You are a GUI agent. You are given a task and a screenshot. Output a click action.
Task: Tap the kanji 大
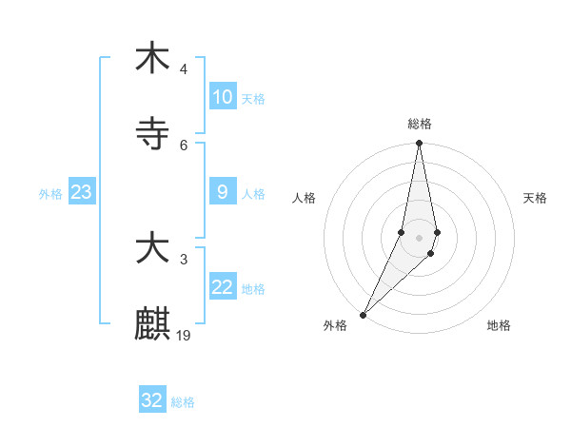(152, 249)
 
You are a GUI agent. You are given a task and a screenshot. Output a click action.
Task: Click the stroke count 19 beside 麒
(185, 336)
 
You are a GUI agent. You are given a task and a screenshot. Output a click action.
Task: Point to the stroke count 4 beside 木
(184, 69)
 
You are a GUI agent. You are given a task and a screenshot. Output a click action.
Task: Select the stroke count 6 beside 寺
(184, 146)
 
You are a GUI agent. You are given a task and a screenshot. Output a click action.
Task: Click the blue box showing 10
(223, 97)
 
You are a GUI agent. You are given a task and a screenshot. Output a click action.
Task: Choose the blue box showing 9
(223, 192)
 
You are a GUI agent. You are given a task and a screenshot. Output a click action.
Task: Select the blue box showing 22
(223, 287)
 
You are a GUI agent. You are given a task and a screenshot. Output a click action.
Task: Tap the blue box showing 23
(82, 192)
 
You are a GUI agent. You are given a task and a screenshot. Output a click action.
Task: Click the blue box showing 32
(152, 400)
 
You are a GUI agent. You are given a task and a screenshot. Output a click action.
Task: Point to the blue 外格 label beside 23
(50, 194)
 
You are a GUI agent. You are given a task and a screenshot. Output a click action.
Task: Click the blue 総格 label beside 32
(184, 402)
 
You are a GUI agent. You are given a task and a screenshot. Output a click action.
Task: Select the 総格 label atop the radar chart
(420, 124)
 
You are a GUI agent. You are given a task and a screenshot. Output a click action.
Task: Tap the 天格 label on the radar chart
(536, 198)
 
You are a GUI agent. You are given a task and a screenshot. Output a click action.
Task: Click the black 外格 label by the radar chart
(335, 326)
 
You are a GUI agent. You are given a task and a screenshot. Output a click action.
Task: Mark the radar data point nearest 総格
(419, 143)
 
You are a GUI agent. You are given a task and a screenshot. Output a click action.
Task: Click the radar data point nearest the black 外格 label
(364, 314)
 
